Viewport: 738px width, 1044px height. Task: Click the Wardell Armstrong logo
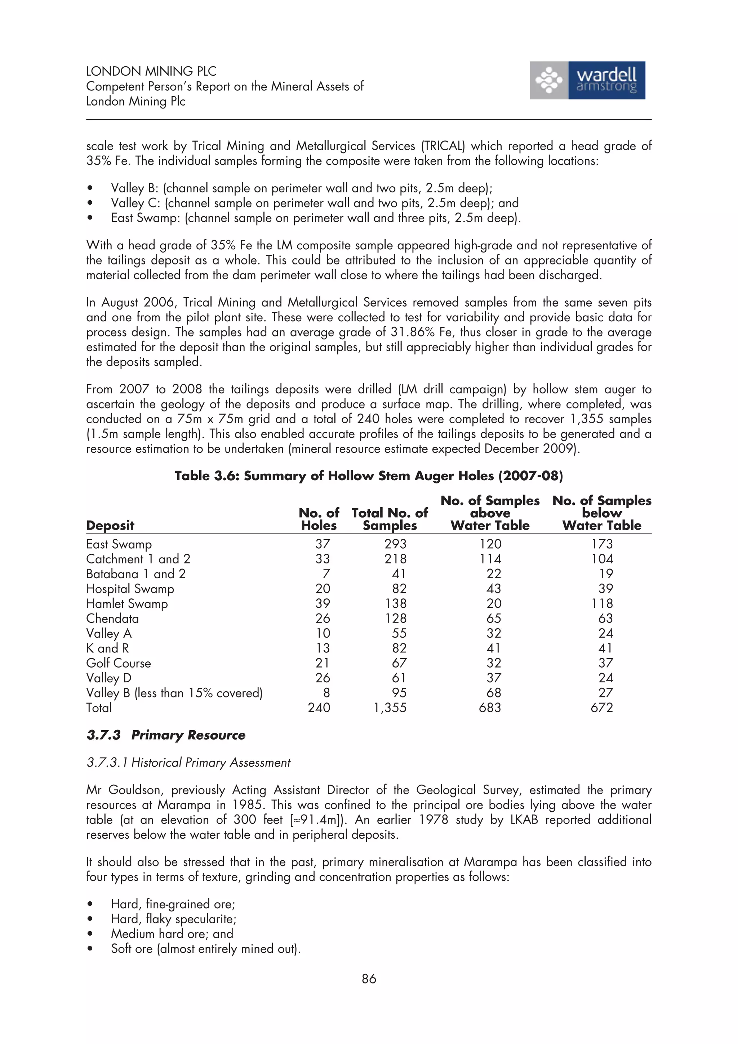587,80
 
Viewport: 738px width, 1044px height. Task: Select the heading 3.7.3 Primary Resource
166,735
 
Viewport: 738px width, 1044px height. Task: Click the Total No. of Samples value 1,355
390,708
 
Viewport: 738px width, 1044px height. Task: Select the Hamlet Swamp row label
127,604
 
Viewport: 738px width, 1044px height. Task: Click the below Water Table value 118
602,603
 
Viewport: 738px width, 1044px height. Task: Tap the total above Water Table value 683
490,708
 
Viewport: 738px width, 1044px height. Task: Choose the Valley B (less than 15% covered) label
174,693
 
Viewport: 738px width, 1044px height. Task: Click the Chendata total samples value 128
395,619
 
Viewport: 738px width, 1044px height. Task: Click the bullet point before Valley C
90,203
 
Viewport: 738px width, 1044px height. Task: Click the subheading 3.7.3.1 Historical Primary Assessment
188,763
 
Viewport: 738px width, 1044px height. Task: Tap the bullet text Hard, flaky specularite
173,919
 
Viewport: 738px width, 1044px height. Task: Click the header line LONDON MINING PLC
151,71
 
